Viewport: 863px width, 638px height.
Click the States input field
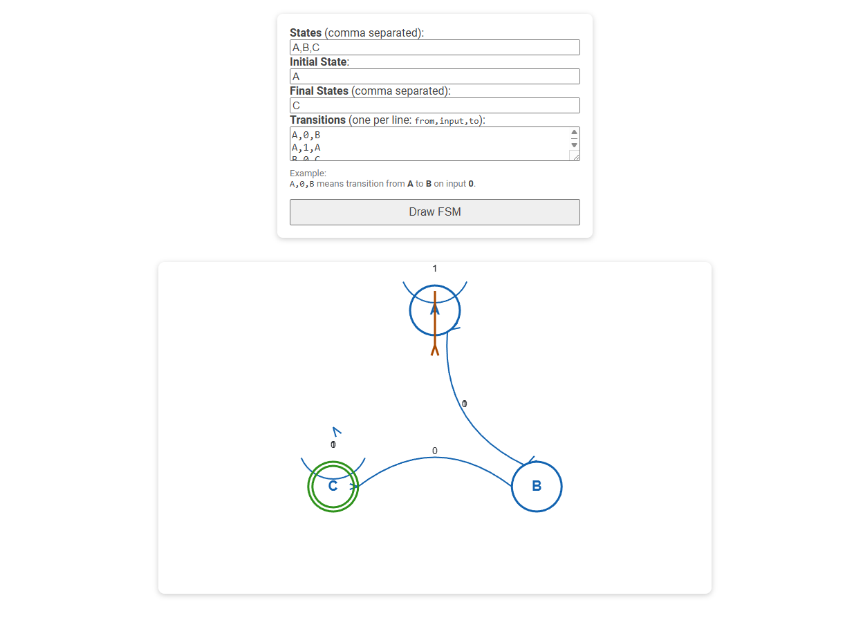pyautogui.click(x=434, y=48)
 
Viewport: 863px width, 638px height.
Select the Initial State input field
pyautogui.click(x=434, y=77)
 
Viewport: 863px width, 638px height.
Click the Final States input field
pyautogui.click(x=434, y=106)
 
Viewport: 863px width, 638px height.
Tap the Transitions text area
pyautogui.click(x=429, y=144)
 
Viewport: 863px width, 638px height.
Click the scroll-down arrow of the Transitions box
pyautogui.click(x=574, y=145)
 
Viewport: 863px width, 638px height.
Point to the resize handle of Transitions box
pyautogui.click(x=574, y=156)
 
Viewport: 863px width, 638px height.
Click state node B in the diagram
pyautogui.click(x=537, y=487)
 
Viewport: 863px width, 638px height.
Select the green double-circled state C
pyautogui.click(x=333, y=487)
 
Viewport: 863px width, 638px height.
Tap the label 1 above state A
pyautogui.click(x=435, y=268)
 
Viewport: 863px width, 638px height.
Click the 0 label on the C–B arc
pyautogui.click(x=435, y=451)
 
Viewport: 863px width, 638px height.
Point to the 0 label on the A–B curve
pyautogui.click(x=465, y=404)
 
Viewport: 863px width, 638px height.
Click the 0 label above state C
pyautogui.click(x=333, y=444)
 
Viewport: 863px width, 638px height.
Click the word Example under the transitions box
pyautogui.click(x=308, y=173)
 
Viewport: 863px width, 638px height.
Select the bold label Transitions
pyautogui.click(x=317, y=120)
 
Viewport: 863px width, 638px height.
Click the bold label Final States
pyautogui.click(x=319, y=91)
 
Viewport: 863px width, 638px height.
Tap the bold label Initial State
pyautogui.click(x=318, y=62)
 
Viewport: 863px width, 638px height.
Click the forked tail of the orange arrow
pyautogui.click(x=435, y=350)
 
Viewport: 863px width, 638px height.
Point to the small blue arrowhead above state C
pyautogui.click(x=337, y=432)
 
